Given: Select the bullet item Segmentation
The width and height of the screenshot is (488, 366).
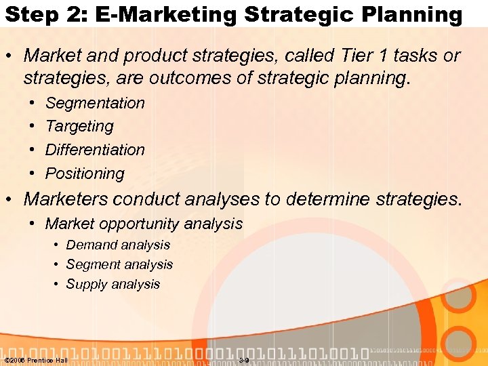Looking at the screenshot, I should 95,103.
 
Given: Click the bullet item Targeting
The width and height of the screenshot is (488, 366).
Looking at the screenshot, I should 79,126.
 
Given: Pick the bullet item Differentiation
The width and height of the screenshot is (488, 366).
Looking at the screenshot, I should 95,149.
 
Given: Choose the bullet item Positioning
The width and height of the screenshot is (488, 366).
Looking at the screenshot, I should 85,174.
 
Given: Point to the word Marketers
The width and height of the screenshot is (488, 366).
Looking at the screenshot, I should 67,199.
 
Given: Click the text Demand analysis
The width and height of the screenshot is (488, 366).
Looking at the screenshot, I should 118,245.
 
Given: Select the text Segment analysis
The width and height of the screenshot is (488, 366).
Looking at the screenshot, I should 119,264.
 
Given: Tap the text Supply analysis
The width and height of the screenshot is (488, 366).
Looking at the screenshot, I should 113,284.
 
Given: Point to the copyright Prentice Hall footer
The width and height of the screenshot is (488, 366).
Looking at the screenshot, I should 36,359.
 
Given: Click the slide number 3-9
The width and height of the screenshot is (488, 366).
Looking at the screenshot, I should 244,359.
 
